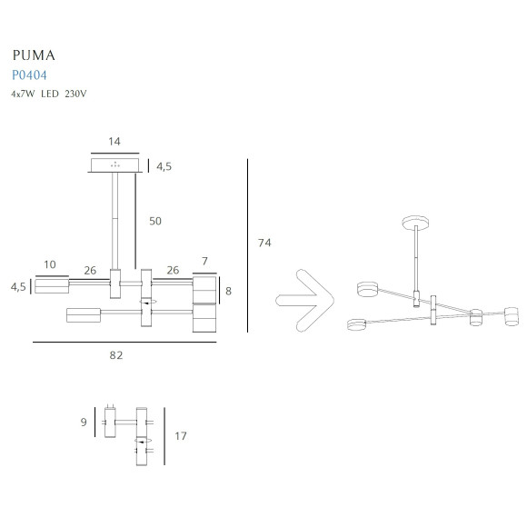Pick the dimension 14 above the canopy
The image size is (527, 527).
[114, 142]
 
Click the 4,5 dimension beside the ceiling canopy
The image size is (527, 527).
[164, 167]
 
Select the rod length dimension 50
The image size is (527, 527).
[155, 221]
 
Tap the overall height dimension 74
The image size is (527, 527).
[264, 243]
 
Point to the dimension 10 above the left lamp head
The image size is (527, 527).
[50, 264]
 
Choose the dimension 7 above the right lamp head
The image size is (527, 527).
[204, 262]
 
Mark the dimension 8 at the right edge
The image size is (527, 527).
[229, 292]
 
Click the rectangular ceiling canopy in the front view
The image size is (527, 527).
[114, 165]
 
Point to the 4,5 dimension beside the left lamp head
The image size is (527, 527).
[18, 286]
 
